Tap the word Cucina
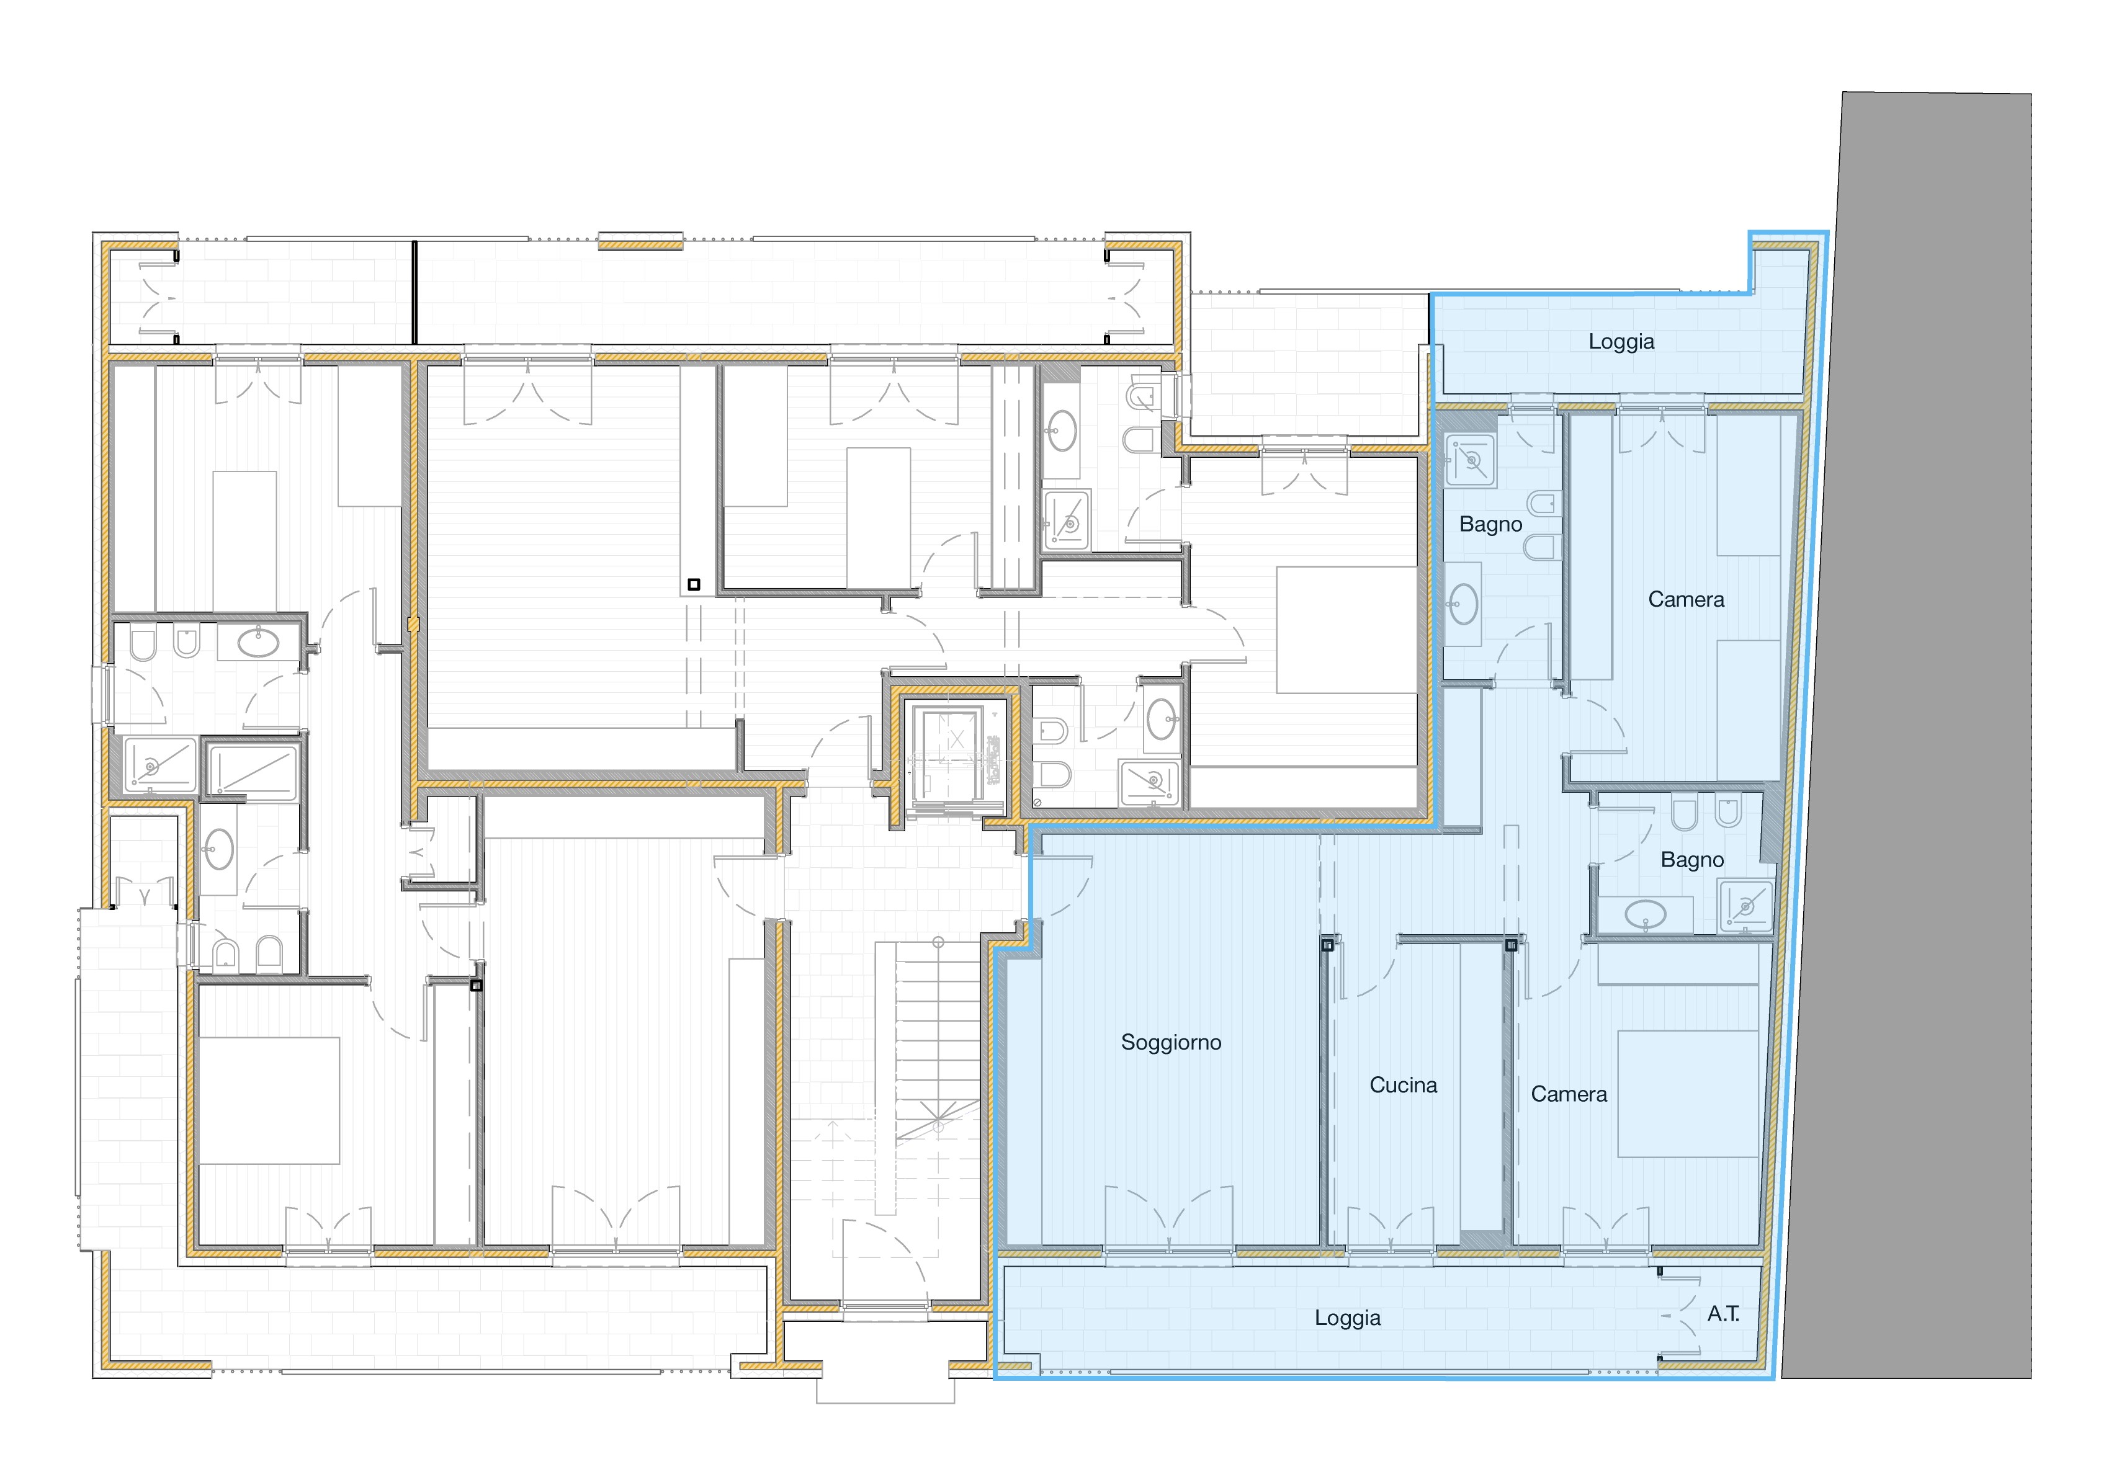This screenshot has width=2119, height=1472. pyautogui.click(x=1402, y=1085)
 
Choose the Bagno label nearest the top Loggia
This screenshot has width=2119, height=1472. pyautogui.click(x=1490, y=524)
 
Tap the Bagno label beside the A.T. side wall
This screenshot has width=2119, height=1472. pyautogui.click(x=1692, y=860)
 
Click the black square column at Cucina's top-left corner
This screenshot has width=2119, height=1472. pyautogui.click(x=1327, y=945)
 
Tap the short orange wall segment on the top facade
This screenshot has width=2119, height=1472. pyautogui.click(x=640, y=244)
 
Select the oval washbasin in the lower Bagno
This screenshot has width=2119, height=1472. pyautogui.click(x=1645, y=915)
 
